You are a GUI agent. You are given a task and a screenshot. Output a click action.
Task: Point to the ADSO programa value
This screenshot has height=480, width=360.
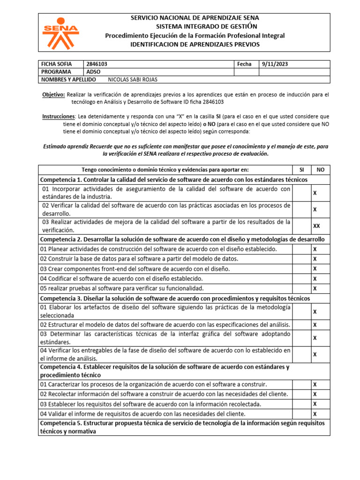(94, 72)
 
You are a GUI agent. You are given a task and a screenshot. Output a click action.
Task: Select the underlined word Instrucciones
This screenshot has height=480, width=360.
(59, 116)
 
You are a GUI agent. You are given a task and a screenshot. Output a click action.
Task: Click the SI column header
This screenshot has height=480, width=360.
(301, 170)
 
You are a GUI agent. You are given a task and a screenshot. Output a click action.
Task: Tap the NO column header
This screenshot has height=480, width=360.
(321, 170)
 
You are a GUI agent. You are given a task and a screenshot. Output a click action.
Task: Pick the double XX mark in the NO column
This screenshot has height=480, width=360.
(316, 225)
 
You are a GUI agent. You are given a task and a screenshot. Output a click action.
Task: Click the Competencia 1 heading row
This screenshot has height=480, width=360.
(174, 180)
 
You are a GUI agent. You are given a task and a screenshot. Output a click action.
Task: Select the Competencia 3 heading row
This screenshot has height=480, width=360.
(177, 299)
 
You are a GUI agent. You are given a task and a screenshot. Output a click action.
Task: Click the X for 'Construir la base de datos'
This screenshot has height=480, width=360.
(315, 259)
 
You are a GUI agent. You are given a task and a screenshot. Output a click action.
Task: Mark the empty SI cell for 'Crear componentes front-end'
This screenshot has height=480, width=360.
(301, 269)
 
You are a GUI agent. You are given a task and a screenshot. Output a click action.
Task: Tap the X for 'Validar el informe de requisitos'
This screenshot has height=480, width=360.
(315, 414)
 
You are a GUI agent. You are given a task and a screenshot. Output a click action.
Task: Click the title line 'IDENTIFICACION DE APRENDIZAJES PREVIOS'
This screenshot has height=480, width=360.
(194, 45)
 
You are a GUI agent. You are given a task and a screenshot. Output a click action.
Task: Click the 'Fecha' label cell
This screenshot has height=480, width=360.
(245, 64)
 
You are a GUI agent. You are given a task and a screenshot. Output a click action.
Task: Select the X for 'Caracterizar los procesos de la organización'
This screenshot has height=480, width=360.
(315, 384)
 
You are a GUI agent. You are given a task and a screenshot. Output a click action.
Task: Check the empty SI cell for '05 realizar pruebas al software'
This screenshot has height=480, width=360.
(301, 288)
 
